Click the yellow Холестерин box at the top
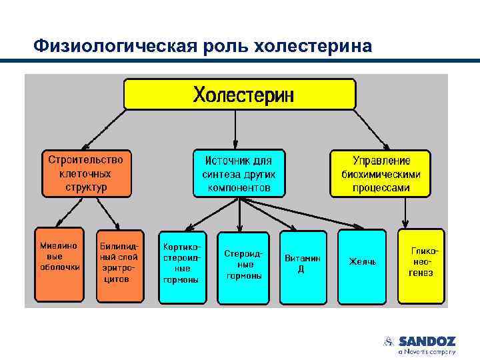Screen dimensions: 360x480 [x=239, y=93]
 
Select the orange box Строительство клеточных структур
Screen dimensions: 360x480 [x=86, y=173]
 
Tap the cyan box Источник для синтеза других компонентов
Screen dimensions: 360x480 [x=239, y=173]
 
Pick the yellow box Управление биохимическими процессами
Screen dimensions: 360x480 [x=381, y=173]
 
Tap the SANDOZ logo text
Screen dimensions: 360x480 [x=427, y=341]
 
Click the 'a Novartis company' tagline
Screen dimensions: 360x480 [x=427, y=351]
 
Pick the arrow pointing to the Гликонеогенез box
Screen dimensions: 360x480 [x=405, y=213]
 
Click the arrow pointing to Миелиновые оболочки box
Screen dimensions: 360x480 [x=67, y=213]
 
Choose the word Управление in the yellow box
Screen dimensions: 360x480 [x=381, y=161]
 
